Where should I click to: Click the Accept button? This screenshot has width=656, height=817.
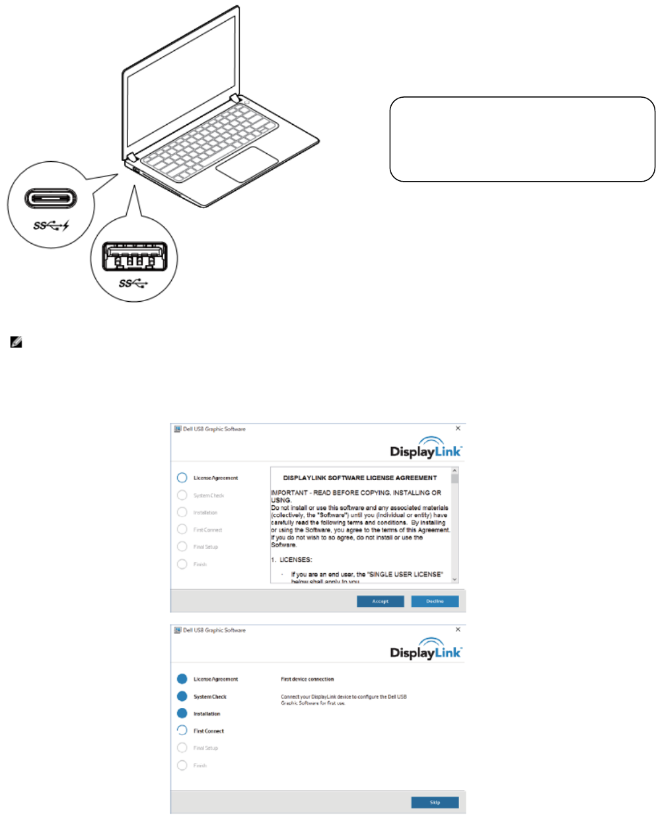[x=380, y=601]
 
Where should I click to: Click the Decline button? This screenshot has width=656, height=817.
[x=435, y=601]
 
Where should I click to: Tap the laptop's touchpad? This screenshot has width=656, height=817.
[x=246, y=164]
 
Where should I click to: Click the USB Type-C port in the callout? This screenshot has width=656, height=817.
[x=51, y=199]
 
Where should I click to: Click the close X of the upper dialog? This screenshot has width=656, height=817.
[x=458, y=429]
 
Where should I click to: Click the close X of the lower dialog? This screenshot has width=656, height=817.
[x=458, y=630]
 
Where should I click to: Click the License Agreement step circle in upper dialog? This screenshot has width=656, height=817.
[x=182, y=478]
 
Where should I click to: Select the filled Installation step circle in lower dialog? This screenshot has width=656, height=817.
[x=182, y=713]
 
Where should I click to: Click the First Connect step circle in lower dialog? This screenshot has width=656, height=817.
[x=182, y=730]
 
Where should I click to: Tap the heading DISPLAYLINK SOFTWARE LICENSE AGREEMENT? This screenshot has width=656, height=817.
[x=360, y=478]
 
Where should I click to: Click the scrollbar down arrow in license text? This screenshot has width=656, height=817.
[x=455, y=579]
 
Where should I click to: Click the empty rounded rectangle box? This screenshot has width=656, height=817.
[x=522, y=139]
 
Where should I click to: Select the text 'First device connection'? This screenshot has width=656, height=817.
[x=307, y=679]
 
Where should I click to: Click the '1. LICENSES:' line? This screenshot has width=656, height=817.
[x=291, y=559]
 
